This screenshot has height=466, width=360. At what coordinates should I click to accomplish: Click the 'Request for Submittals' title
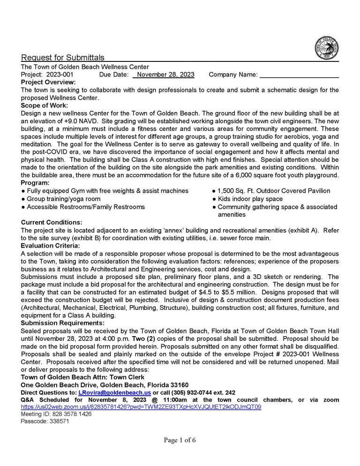[x=63, y=58]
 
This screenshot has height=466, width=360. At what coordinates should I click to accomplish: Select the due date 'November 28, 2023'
[x=166, y=75]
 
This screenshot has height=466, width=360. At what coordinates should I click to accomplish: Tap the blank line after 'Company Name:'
[x=299, y=75]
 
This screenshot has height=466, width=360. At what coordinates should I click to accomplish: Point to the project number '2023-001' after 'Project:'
[x=60, y=75]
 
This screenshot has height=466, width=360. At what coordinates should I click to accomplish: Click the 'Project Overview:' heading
[x=48, y=82]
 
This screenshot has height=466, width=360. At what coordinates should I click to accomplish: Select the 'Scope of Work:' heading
[x=45, y=105]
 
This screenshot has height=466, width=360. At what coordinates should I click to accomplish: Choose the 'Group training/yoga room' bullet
[x=60, y=199]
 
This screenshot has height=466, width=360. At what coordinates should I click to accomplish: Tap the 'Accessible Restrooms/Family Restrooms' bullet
[x=83, y=207]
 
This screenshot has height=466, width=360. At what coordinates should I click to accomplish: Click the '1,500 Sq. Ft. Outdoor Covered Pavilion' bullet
[x=271, y=191]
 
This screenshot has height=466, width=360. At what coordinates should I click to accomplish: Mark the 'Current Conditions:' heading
[x=52, y=222]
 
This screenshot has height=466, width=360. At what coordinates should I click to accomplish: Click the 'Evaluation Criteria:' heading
[x=51, y=245]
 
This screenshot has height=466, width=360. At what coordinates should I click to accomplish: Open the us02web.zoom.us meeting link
[x=141, y=407]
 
